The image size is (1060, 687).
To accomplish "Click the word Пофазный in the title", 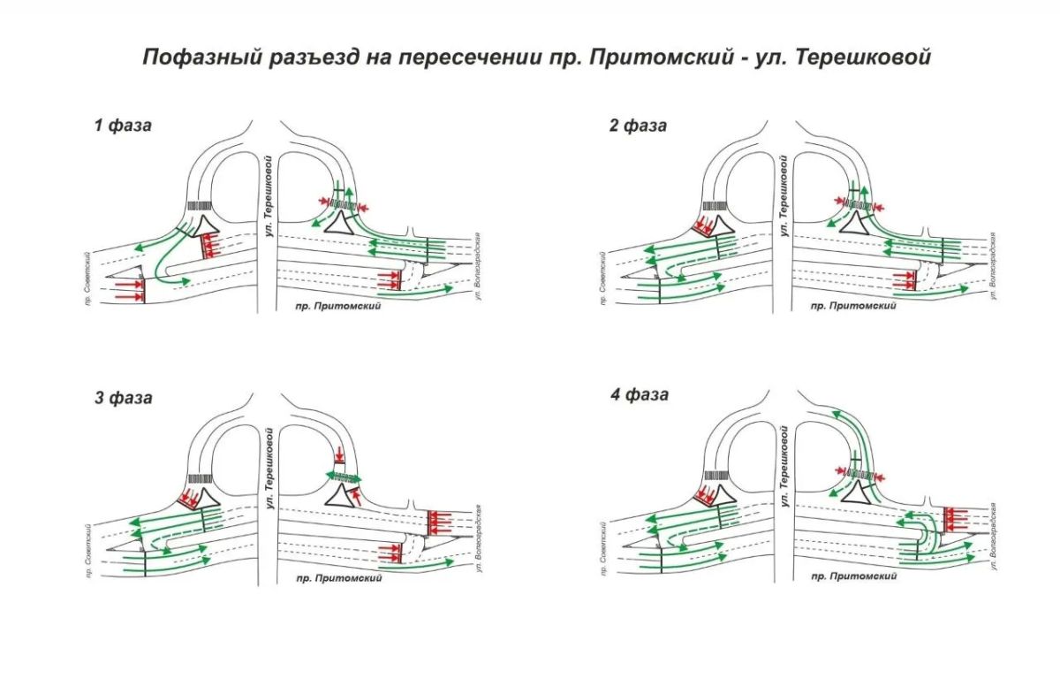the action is pos(202,57).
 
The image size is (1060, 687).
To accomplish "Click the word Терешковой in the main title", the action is pos(864,57).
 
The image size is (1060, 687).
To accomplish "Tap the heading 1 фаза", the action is pos(123,126).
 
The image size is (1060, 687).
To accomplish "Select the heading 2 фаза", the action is pos(638,126).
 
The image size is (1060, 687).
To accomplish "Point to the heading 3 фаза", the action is pos(124,398).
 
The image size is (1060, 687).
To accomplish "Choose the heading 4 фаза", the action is pos(640,394).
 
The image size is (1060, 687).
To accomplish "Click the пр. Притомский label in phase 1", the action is pos(337,306).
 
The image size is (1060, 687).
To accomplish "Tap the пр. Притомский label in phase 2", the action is pos(853,306).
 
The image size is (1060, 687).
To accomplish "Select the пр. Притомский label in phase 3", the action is pos(339,578).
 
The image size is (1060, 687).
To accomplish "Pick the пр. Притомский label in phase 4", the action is pos(853,576).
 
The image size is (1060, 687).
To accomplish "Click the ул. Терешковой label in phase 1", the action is pos(269,195).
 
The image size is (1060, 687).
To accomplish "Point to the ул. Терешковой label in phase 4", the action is pos(784,466).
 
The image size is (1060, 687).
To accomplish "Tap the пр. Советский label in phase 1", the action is pos(88,279).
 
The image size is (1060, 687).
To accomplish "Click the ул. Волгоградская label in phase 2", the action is pos(993,266).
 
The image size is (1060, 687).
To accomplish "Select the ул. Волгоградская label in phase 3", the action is pos(478,538).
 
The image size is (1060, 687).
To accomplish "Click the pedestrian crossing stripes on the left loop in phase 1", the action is pos(200,206).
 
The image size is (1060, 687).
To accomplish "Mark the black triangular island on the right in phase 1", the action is pos(339,224).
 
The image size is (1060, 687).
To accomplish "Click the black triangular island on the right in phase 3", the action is pos(340,496).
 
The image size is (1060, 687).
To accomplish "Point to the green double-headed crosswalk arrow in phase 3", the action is pos(344,477).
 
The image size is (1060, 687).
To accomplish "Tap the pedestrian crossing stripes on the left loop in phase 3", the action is pos(201,478).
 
